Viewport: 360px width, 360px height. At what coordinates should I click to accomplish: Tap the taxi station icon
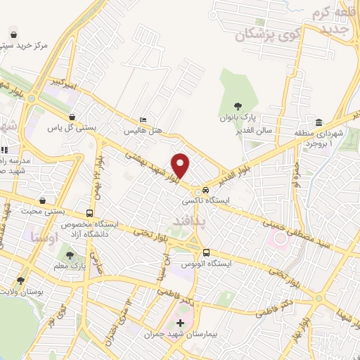point(205,190)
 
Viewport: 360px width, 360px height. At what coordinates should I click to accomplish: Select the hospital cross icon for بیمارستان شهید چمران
point(180,323)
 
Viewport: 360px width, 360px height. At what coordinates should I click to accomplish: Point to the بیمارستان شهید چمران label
point(179,335)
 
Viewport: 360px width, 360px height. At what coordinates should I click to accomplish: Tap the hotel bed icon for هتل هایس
point(143,120)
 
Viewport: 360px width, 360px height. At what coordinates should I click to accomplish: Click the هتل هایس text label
point(143,131)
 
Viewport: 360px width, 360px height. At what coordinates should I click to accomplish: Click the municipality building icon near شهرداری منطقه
point(319,122)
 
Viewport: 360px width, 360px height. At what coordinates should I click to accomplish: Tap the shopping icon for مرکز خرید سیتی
point(13,34)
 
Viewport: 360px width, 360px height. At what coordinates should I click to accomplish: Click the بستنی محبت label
point(60,211)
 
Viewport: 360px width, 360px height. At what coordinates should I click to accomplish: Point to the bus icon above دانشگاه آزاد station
point(89,212)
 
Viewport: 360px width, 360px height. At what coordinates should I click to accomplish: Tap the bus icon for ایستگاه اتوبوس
point(206,252)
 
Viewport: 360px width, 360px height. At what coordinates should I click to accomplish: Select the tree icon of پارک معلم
point(69,255)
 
